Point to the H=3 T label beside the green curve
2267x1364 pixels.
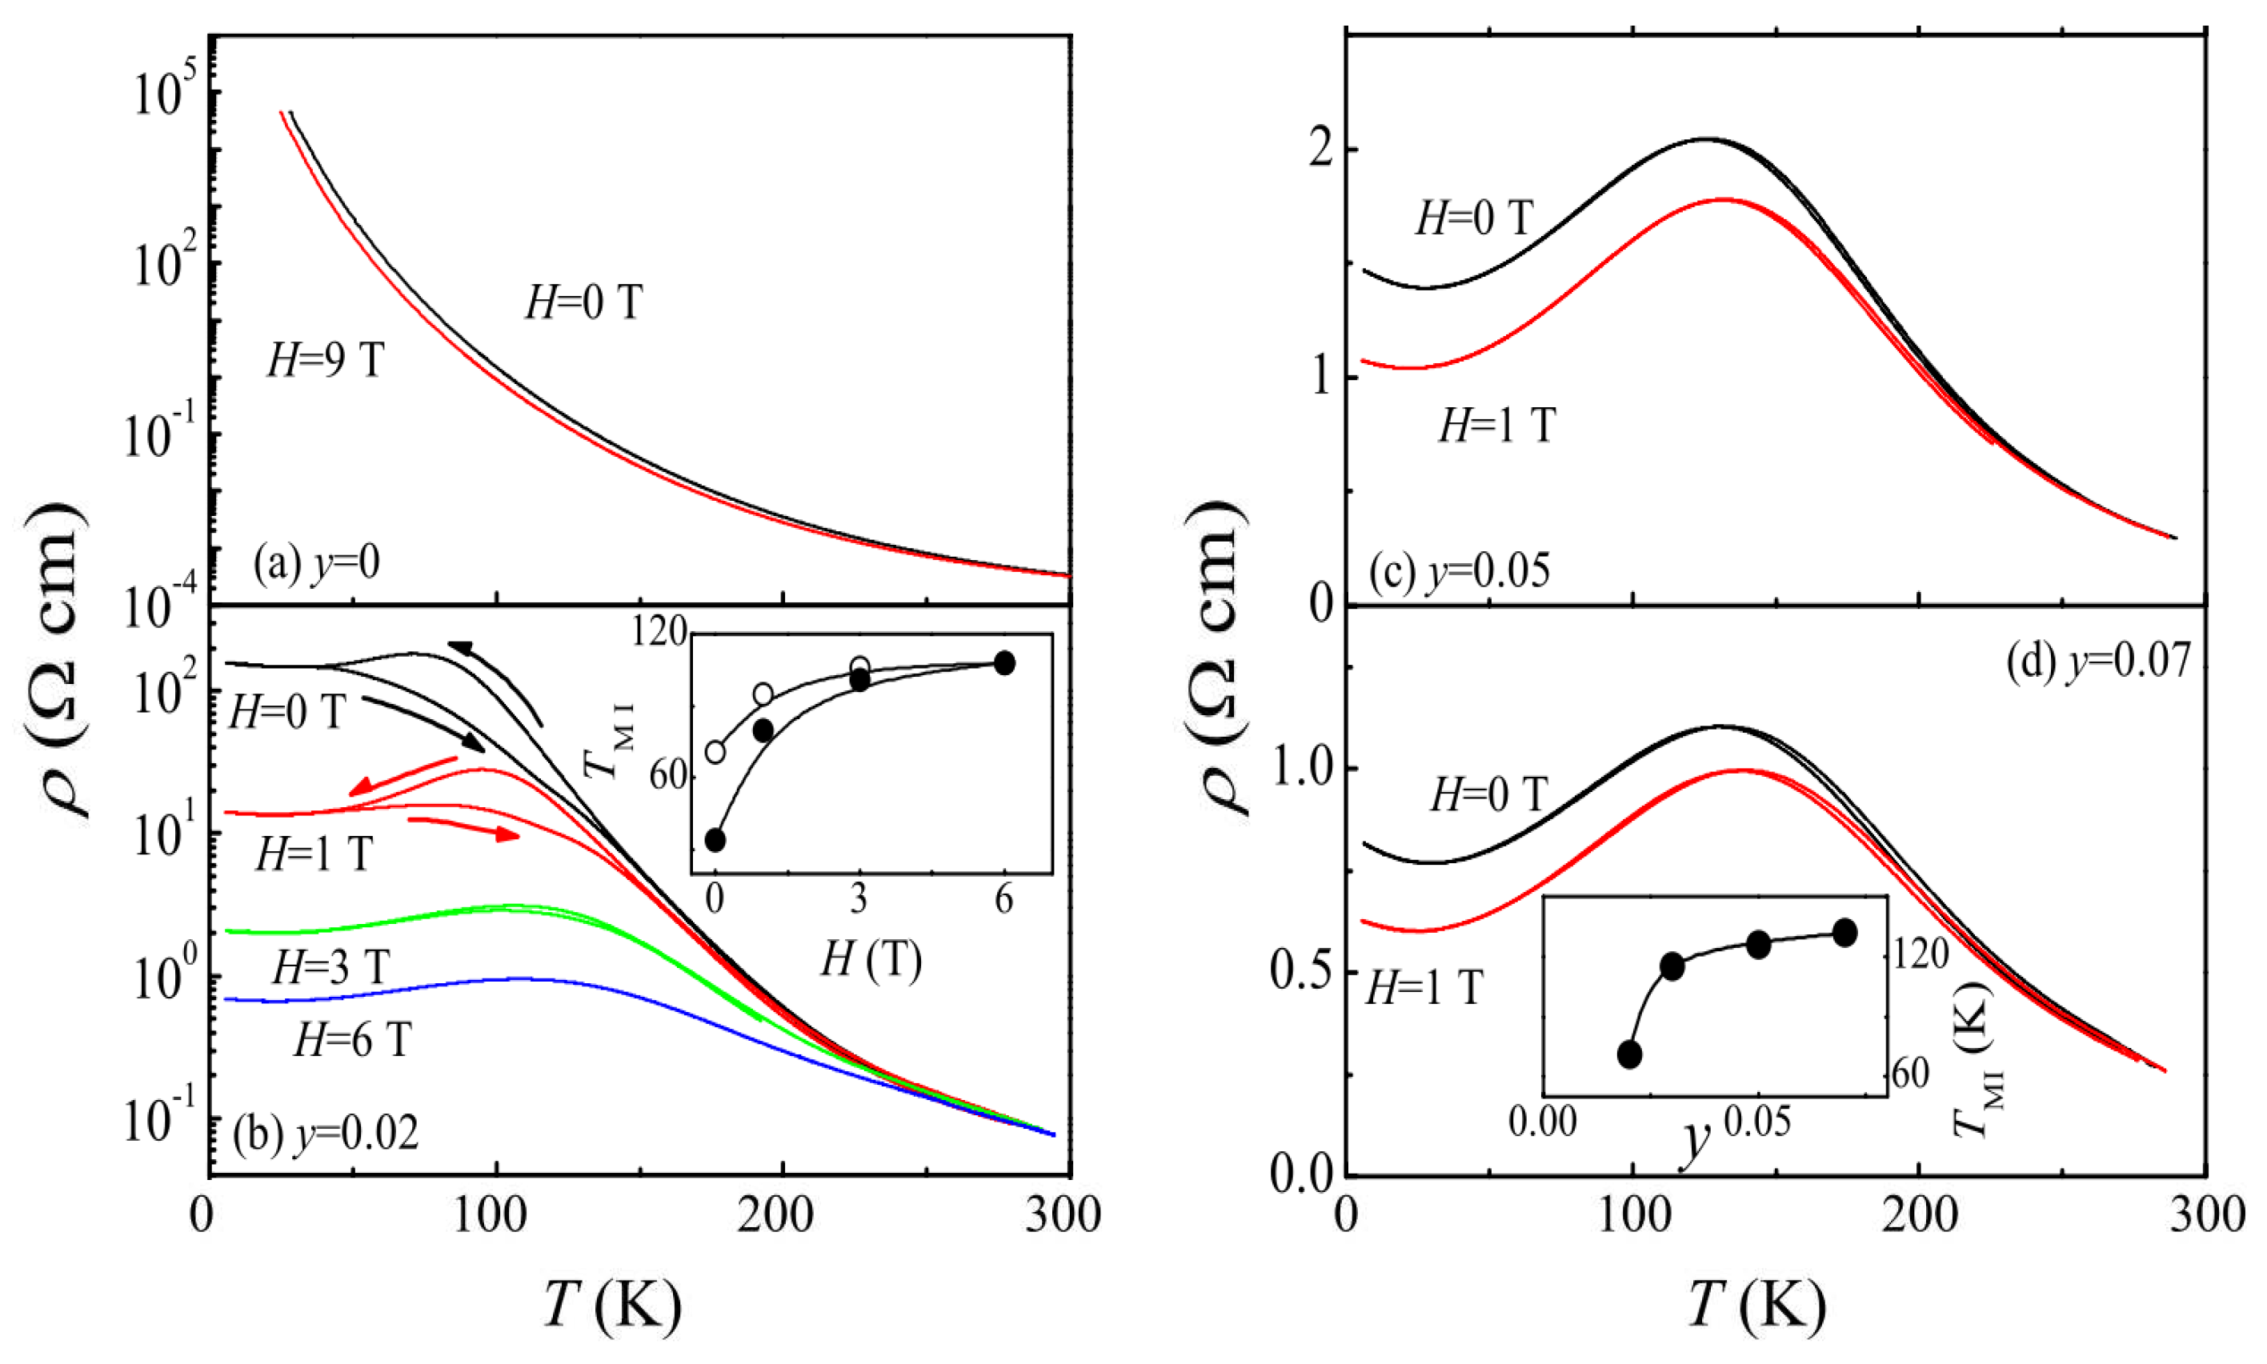tap(331, 966)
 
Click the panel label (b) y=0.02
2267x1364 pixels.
tap(326, 1134)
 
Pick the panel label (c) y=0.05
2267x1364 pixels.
tap(1459, 570)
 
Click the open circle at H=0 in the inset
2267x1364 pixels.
tap(715, 752)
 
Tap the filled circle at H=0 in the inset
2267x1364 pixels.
tap(715, 839)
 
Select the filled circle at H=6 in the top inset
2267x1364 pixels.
tap(1005, 662)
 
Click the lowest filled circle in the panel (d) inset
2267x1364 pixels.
tap(1629, 1054)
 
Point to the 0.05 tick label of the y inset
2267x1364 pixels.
tap(1756, 1122)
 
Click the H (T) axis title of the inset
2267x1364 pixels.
tap(871, 961)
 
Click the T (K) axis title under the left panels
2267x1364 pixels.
tap(613, 1305)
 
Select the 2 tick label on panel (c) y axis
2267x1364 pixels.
tap(1321, 150)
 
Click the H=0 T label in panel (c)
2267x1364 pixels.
tap(1475, 218)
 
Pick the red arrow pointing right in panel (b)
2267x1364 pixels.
tap(463, 827)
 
